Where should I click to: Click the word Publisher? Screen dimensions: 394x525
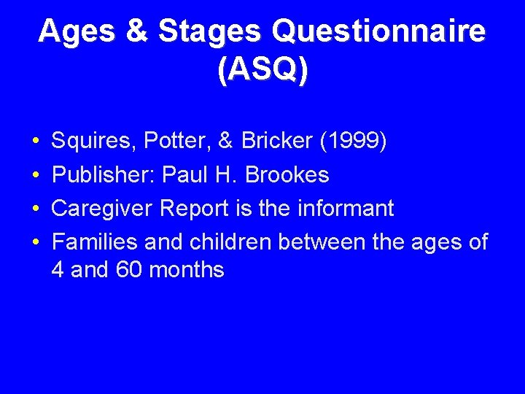point(103,175)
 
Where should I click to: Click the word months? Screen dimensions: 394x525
point(187,270)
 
